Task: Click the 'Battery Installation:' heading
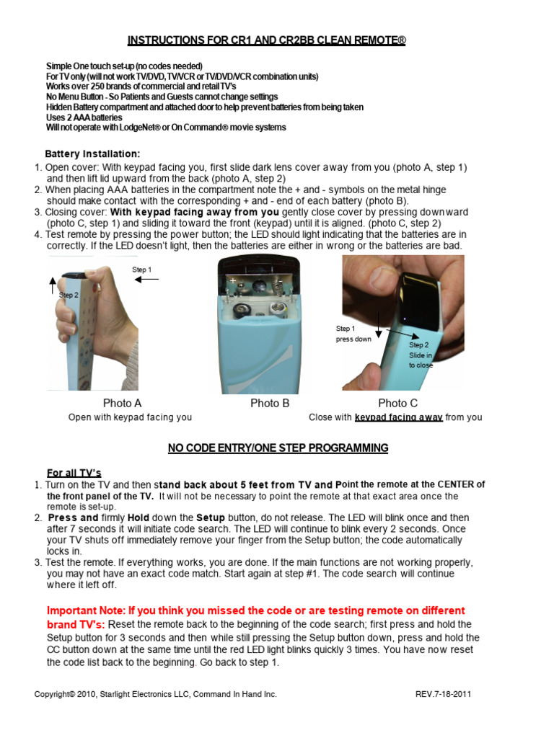(x=92, y=154)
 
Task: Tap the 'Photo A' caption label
(x=123, y=403)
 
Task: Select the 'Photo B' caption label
(x=270, y=403)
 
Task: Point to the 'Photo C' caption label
(x=397, y=403)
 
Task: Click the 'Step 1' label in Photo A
(x=142, y=270)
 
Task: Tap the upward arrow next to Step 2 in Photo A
(x=53, y=284)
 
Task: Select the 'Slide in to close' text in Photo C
(x=421, y=360)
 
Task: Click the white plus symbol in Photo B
(x=233, y=280)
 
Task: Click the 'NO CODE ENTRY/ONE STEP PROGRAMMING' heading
(x=278, y=448)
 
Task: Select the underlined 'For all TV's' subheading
(x=74, y=473)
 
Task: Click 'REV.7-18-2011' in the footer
(x=444, y=694)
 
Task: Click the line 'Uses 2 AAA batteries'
(x=84, y=117)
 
